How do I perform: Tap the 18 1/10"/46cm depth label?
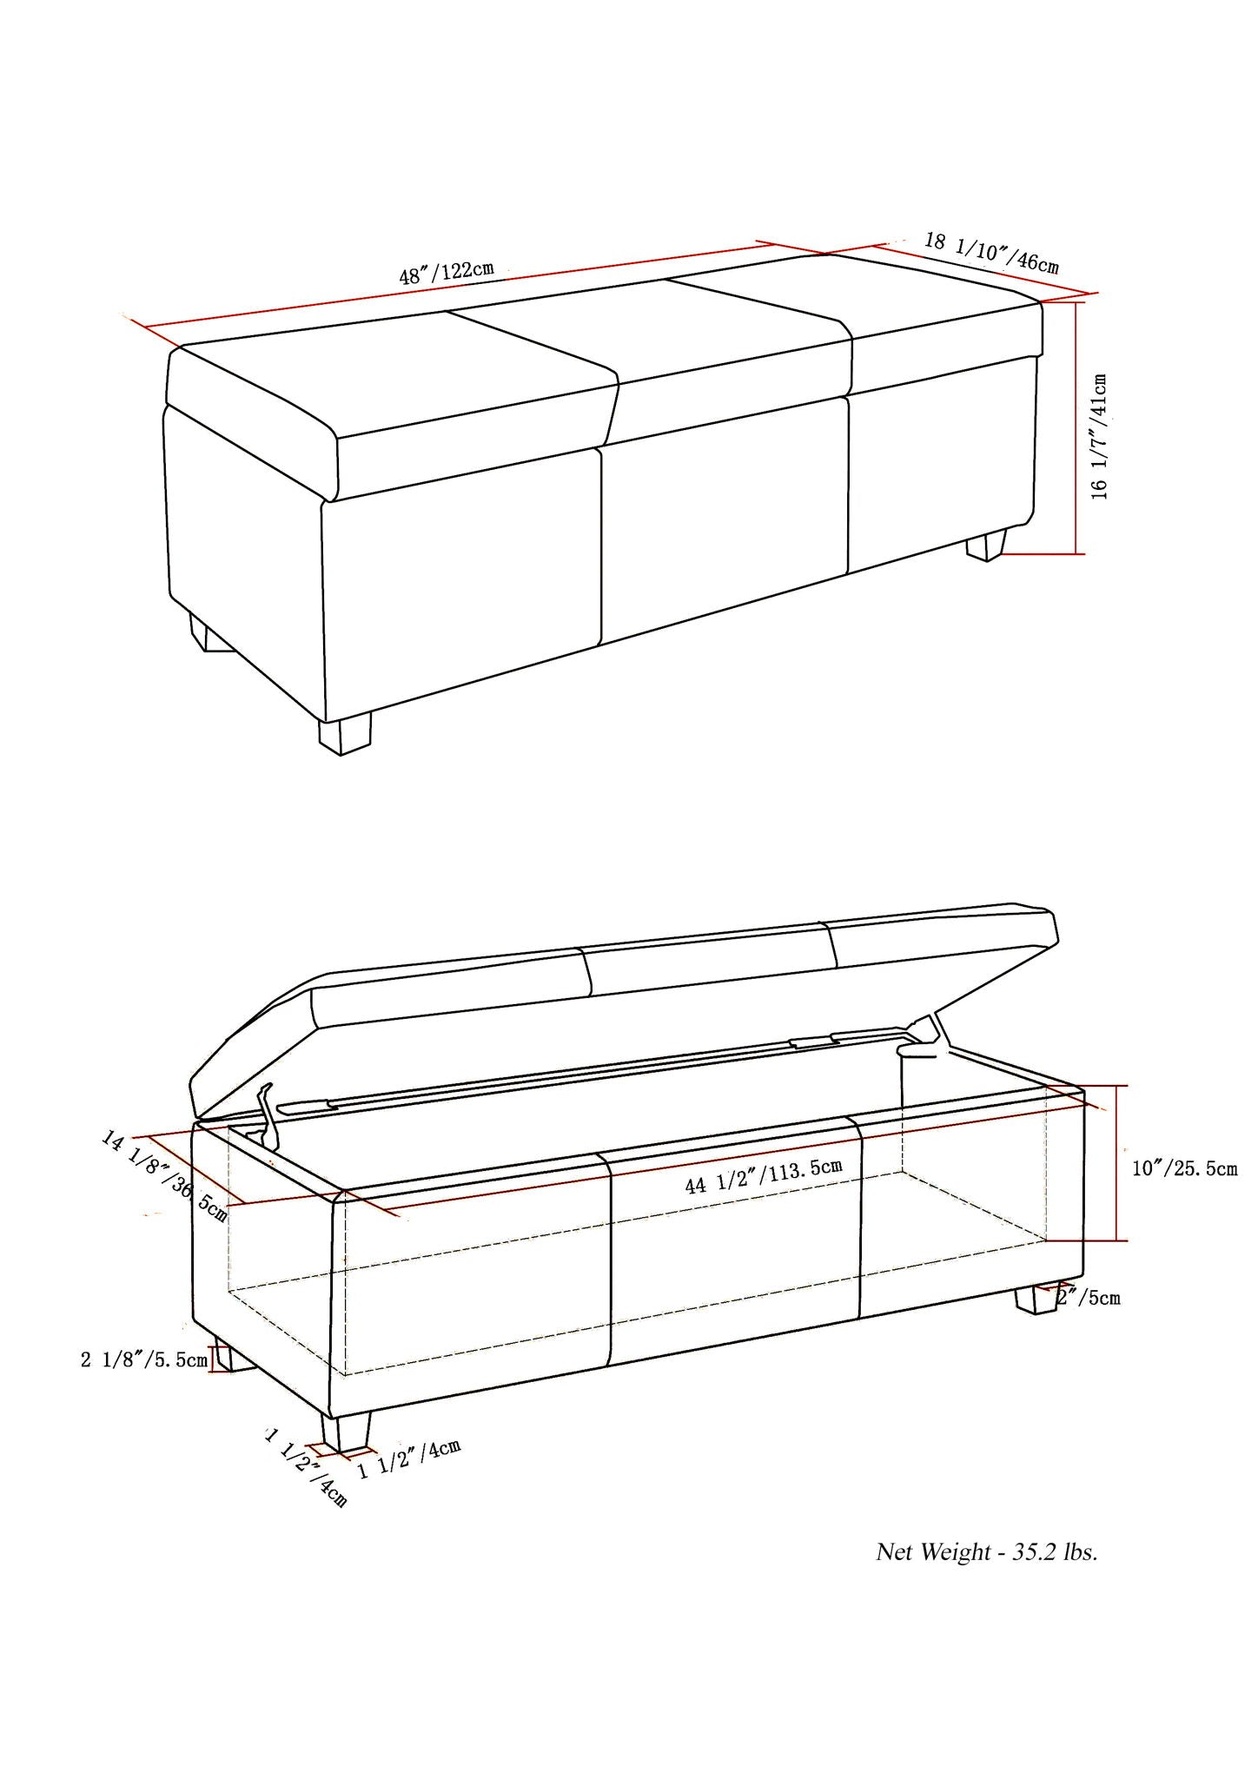991,252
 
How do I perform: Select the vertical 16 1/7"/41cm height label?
1100,436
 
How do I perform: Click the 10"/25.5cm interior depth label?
1184,1168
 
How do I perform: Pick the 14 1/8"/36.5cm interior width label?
164,1175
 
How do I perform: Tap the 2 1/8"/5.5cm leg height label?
143,1359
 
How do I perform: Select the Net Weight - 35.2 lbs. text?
986,1552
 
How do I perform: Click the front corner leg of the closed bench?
344,733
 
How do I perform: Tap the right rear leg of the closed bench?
987,545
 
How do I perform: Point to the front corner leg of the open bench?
345,1431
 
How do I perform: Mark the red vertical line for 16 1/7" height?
1077,427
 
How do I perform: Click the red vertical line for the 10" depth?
1117,1163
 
